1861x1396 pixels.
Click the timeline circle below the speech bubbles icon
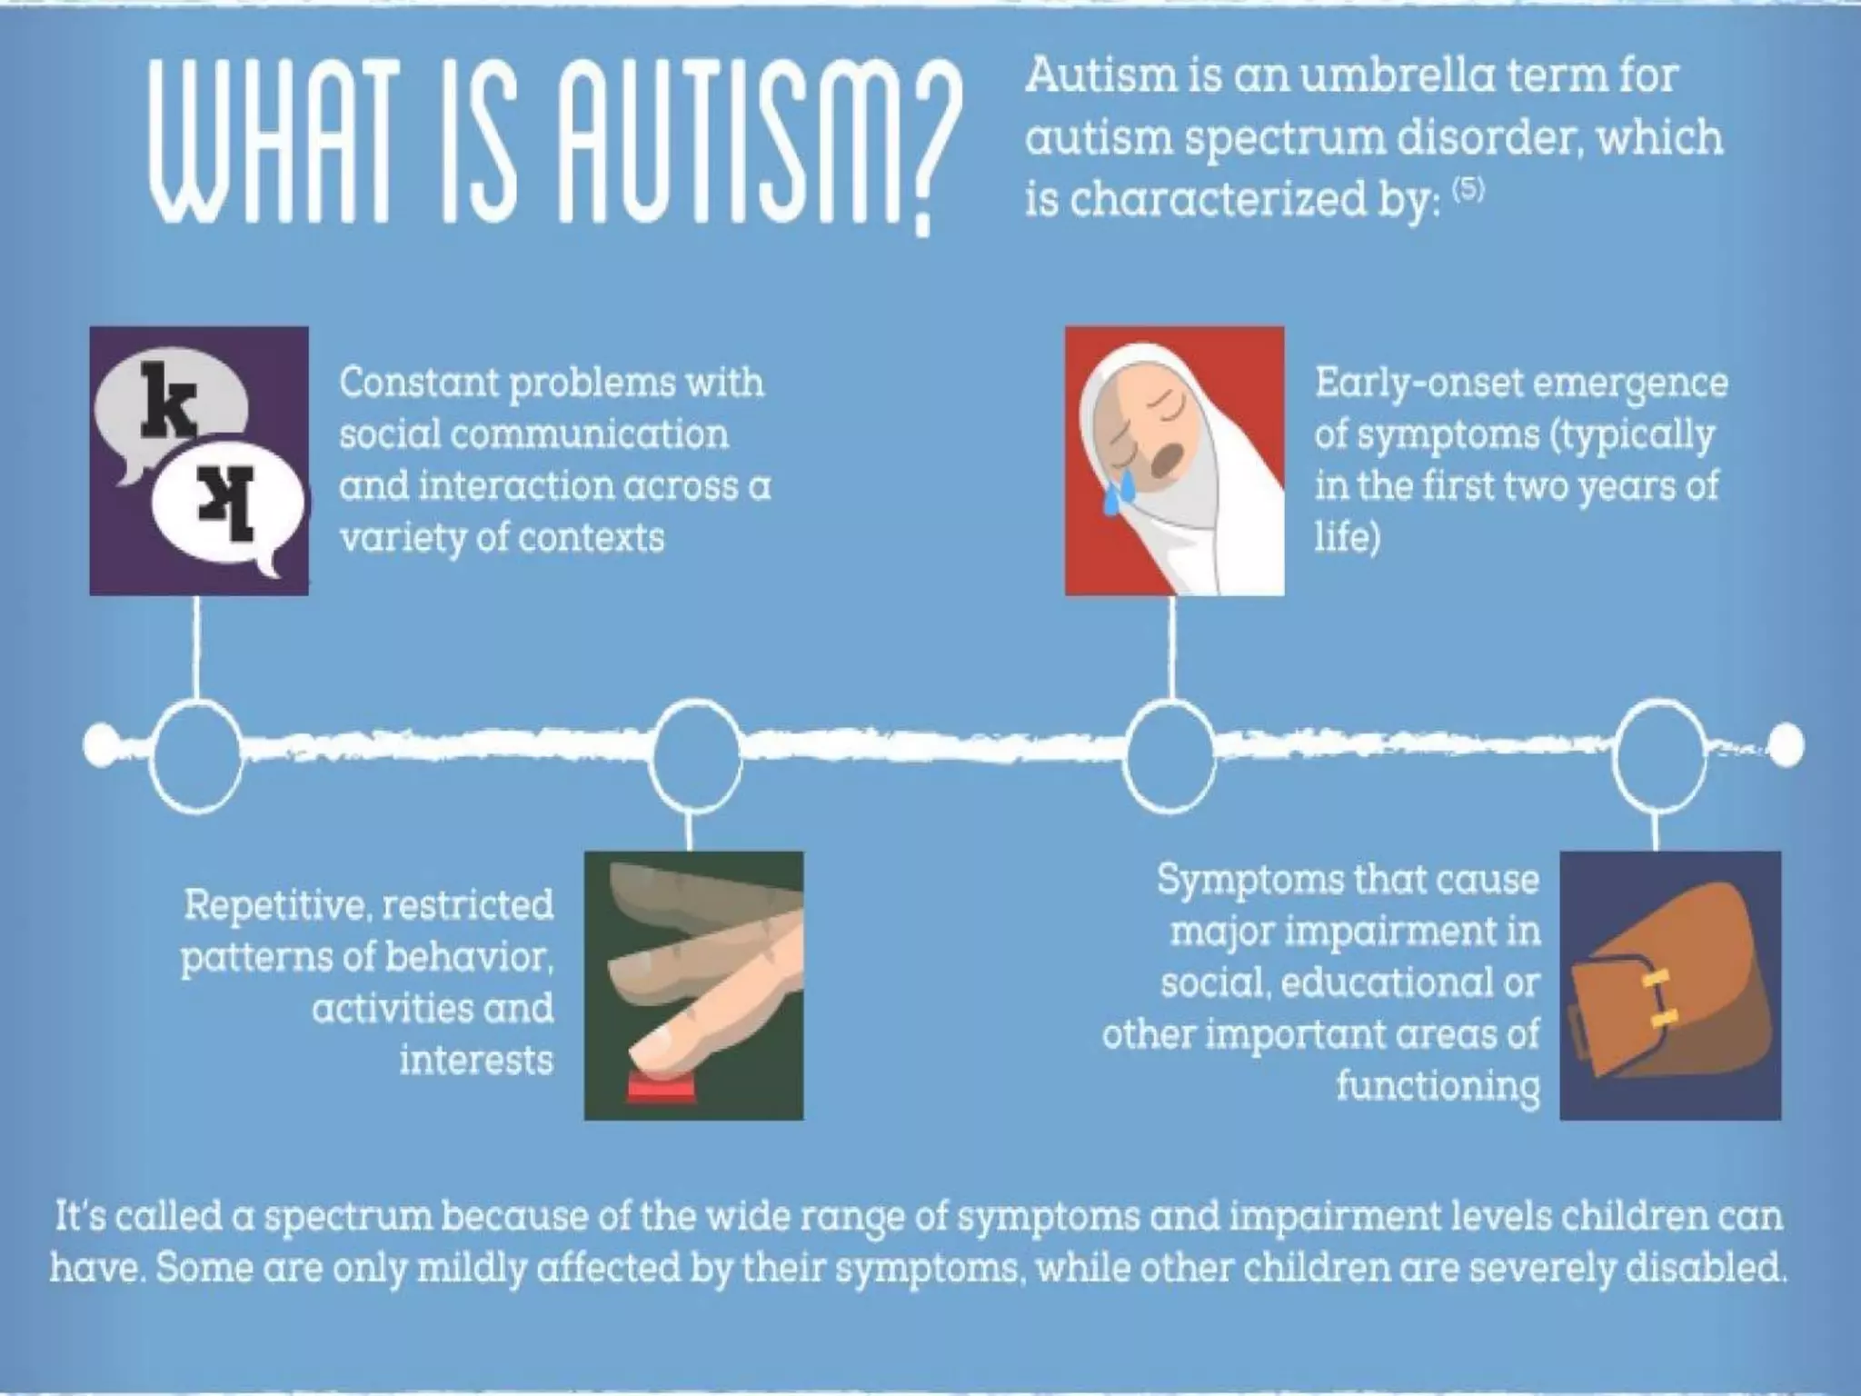point(196,754)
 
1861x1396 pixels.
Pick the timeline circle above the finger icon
point(696,754)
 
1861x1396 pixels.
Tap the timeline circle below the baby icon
point(1170,754)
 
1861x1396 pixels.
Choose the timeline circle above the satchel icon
point(1659,754)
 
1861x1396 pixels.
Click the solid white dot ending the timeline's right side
point(1787,745)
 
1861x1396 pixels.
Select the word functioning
point(1438,1086)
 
